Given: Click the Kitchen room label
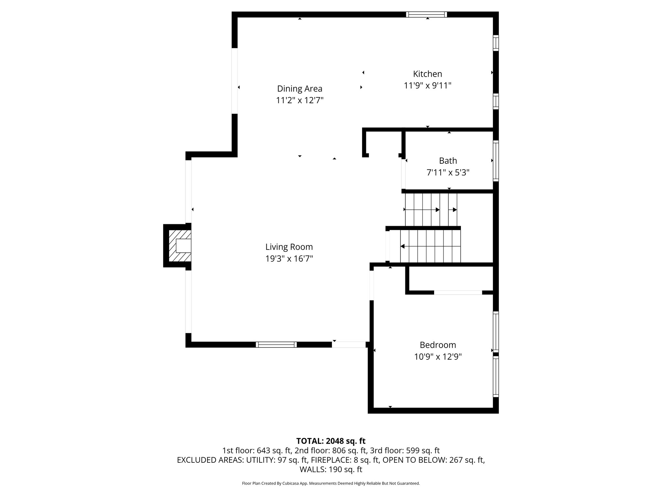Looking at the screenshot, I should click(x=427, y=74).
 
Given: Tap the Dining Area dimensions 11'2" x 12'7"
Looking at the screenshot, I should click(x=300, y=100).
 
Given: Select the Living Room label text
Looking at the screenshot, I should click(x=289, y=247).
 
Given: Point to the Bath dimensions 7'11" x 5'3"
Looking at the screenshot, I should click(x=448, y=172).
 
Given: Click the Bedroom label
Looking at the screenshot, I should click(x=438, y=345).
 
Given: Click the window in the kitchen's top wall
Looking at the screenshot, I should click(x=426, y=14).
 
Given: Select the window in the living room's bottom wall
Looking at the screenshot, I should click(x=276, y=345).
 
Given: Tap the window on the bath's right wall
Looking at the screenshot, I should click(x=496, y=161).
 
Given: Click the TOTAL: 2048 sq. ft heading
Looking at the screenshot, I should click(x=331, y=441).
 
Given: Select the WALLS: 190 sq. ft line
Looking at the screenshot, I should click(x=331, y=469).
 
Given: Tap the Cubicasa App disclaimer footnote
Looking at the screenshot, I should click(x=331, y=483).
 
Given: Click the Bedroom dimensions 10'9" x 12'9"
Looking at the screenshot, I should click(x=438, y=357).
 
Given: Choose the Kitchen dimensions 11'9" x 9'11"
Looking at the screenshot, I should click(x=427, y=86).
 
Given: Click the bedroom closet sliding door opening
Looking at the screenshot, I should click(x=458, y=293).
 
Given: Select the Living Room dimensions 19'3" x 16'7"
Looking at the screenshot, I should click(x=289, y=259).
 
